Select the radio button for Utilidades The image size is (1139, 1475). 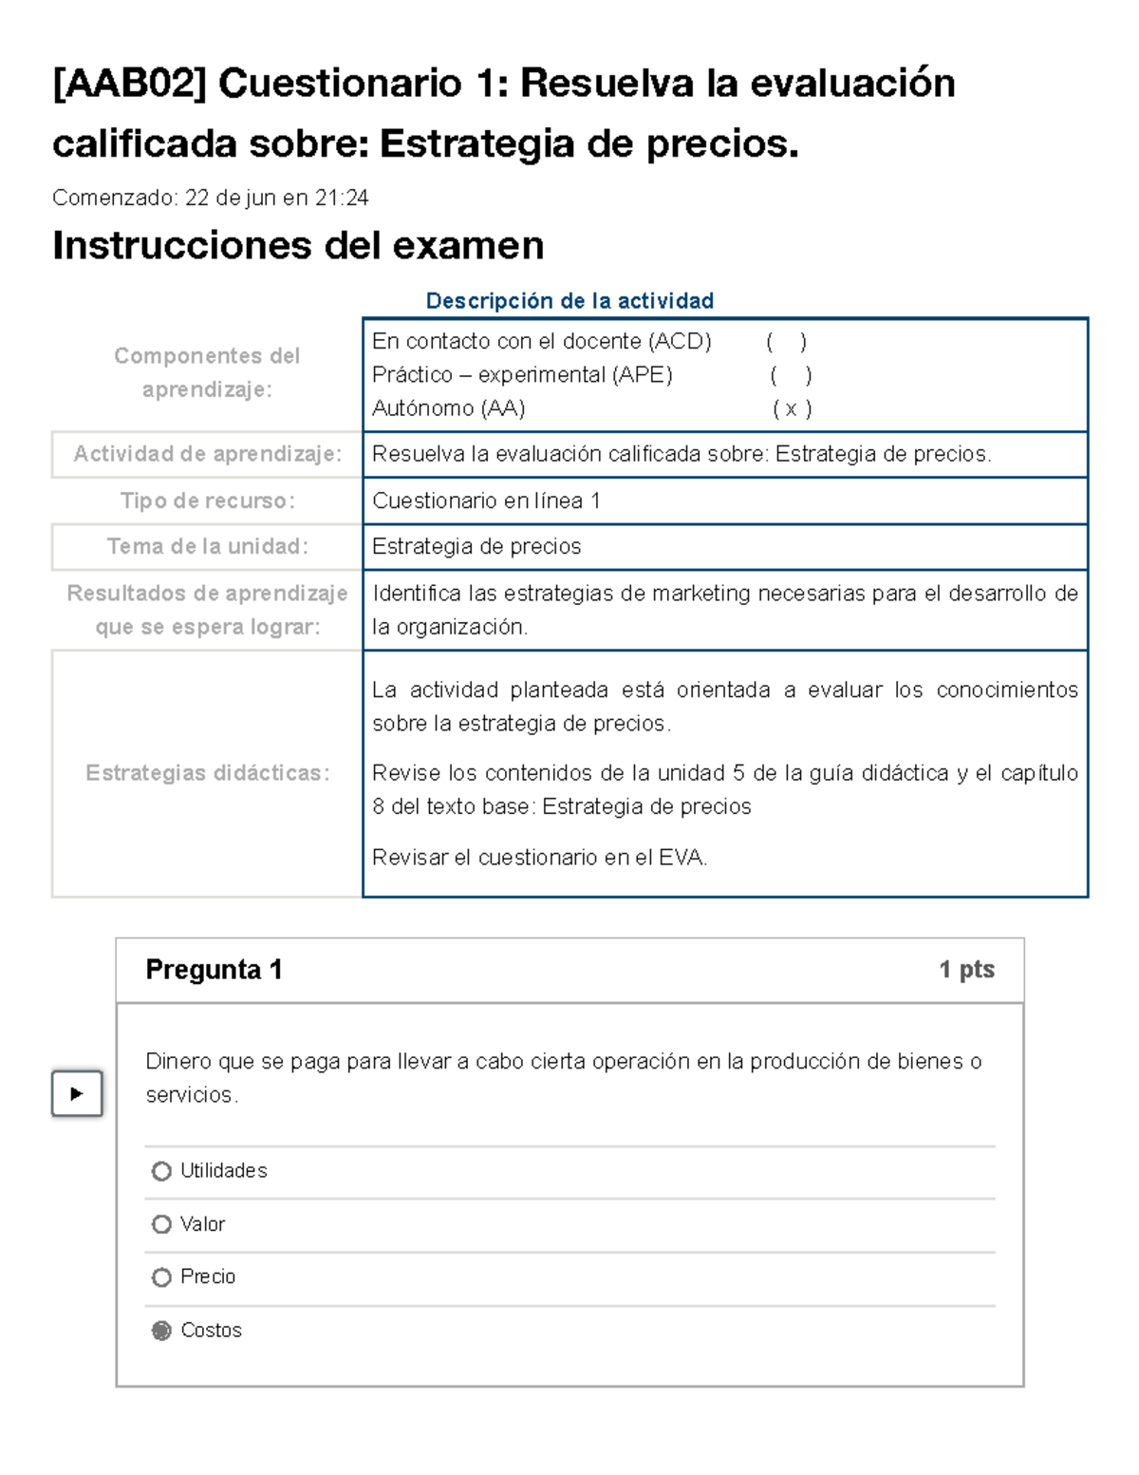tap(161, 1171)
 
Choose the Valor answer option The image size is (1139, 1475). tap(161, 1224)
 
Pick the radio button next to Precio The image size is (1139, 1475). tap(161, 1277)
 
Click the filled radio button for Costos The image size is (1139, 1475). tap(161, 1331)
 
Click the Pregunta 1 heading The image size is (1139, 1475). tap(214, 970)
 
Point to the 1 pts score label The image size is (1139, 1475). tap(966, 970)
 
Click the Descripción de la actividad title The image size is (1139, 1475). tap(569, 301)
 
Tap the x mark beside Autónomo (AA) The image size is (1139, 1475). tap(791, 409)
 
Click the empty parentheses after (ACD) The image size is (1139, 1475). tap(787, 342)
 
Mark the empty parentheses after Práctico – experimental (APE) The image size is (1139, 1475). tap(791, 375)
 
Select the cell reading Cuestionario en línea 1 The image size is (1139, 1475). tap(486, 501)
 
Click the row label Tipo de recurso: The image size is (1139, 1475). tap(207, 501)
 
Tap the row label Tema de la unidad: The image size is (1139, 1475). tap(207, 547)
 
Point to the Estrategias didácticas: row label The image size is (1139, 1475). tap(207, 773)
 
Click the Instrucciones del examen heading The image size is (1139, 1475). tap(298, 246)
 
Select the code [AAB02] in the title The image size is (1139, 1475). tap(129, 84)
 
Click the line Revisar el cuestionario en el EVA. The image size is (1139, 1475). tap(539, 858)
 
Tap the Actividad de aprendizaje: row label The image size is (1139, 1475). tap(207, 454)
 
